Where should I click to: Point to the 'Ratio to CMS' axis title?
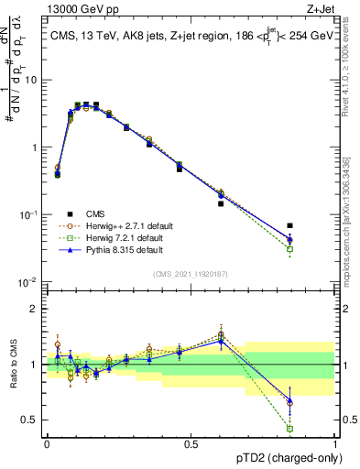[x=12, y=364]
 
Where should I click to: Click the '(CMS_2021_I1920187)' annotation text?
[x=191, y=273]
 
